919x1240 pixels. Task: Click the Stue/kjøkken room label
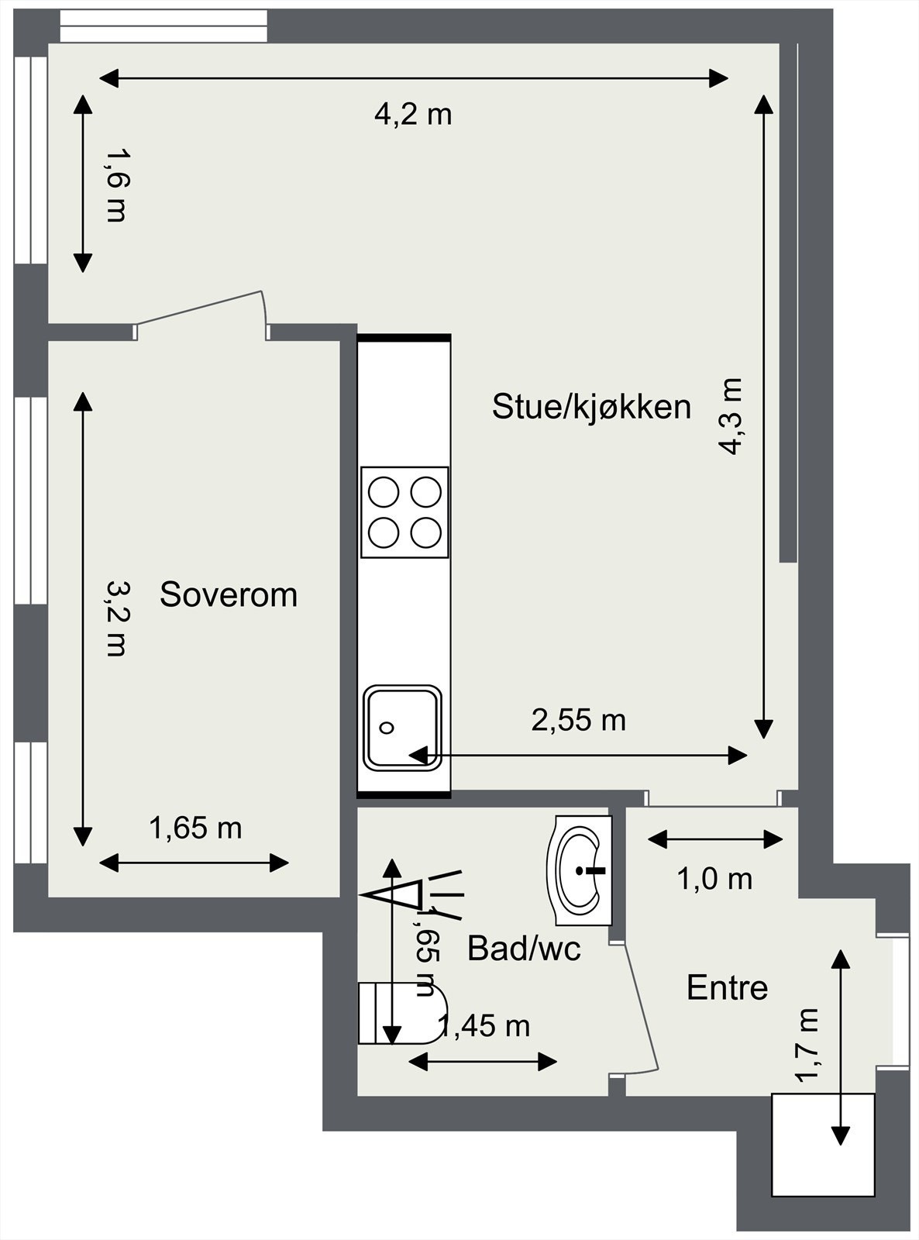tap(591, 407)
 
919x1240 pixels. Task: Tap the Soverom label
tap(229, 594)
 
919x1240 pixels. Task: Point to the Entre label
tap(727, 987)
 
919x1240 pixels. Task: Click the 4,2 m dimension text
tap(413, 115)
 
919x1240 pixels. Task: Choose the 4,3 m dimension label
tap(731, 416)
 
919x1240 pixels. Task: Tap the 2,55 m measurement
tap(578, 720)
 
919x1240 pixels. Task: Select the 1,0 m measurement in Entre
tap(714, 879)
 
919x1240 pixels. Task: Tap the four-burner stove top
tap(404, 512)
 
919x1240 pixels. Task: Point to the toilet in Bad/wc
tap(403, 1014)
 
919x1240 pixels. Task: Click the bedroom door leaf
tap(200, 308)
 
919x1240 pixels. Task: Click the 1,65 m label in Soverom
tap(195, 828)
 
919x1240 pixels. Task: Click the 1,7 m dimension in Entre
tap(808, 1043)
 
